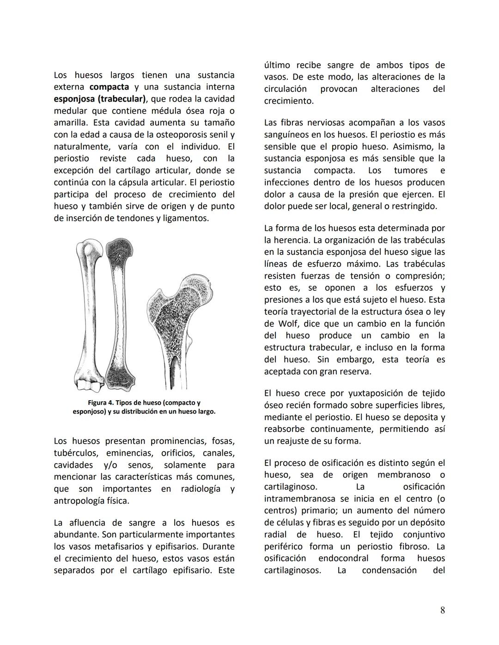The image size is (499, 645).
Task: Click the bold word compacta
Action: [x=109, y=87]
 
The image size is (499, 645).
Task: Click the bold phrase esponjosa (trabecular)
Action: [x=99, y=99]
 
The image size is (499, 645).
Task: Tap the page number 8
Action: [x=442, y=610]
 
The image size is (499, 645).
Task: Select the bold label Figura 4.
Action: [x=100, y=403]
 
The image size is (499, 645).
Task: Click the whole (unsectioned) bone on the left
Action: [x=89, y=314]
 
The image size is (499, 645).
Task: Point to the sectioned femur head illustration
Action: [x=180, y=323]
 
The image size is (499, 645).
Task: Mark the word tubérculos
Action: [x=77, y=453]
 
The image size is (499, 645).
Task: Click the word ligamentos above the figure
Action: [x=183, y=218]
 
